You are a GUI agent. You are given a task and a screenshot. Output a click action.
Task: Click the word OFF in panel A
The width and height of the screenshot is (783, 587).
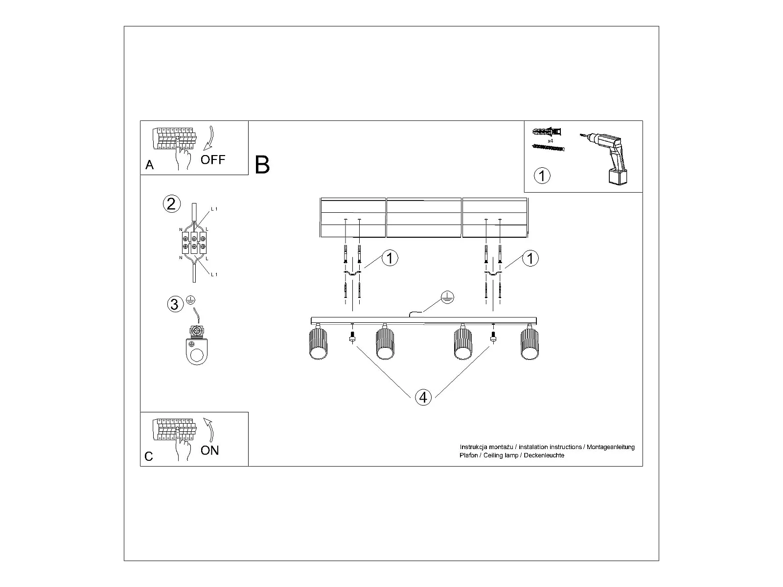213,159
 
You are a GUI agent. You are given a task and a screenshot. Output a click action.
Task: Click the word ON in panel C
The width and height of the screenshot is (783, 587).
210,450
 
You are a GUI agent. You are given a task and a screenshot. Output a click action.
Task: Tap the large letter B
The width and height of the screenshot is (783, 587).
262,165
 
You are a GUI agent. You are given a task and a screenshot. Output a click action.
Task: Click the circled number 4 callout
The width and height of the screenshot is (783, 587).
423,397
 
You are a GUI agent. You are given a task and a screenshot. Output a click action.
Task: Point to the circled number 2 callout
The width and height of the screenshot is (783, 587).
171,203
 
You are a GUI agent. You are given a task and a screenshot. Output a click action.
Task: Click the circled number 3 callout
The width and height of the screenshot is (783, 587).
174,304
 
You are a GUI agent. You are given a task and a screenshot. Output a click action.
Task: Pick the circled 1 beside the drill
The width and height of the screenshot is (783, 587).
542,175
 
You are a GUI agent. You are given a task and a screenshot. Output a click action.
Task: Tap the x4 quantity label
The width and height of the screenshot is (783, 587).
550,141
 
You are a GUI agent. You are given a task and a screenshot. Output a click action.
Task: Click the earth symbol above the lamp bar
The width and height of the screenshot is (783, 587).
447,297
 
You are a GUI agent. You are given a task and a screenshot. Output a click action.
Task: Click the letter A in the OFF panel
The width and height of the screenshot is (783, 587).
150,165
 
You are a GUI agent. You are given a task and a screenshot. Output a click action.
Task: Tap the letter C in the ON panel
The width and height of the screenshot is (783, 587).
149,456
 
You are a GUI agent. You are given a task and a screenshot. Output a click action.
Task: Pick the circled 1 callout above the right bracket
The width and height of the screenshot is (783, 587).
530,258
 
